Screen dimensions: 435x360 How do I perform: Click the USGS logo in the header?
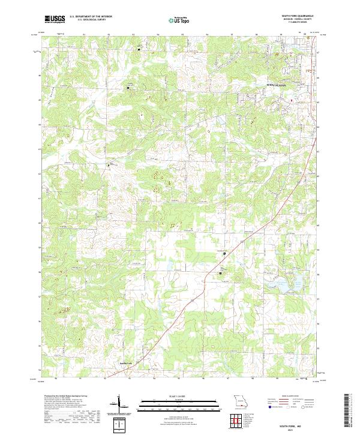click(55, 19)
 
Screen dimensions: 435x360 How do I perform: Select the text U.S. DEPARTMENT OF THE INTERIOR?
click(91, 17)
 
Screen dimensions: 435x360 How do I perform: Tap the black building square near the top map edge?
click(139, 49)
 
